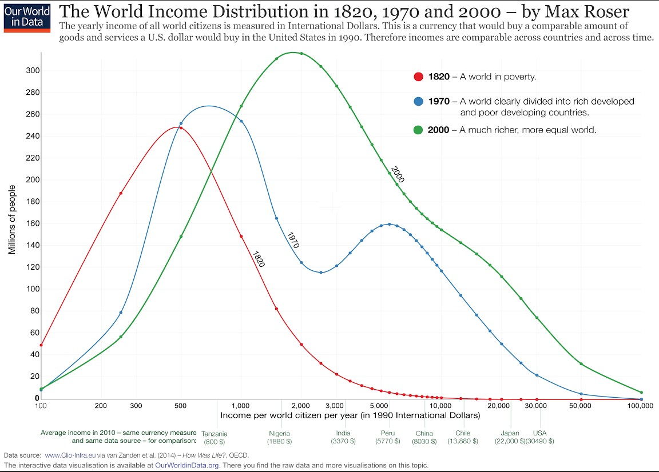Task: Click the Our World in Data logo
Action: [26, 17]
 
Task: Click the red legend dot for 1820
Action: [418, 77]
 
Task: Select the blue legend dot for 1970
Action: [418, 101]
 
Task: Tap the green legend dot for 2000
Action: [418, 130]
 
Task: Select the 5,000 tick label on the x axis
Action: [380, 406]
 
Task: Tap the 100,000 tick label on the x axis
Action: [640, 406]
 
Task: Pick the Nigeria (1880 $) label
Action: [279, 438]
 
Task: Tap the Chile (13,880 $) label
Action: [463, 438]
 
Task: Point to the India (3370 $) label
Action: [343, 438]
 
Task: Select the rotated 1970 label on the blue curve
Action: [293, 240]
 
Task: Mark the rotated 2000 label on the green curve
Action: [398, 174]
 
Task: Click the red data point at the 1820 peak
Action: [181, 128]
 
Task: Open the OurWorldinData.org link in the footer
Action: [187, 465]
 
